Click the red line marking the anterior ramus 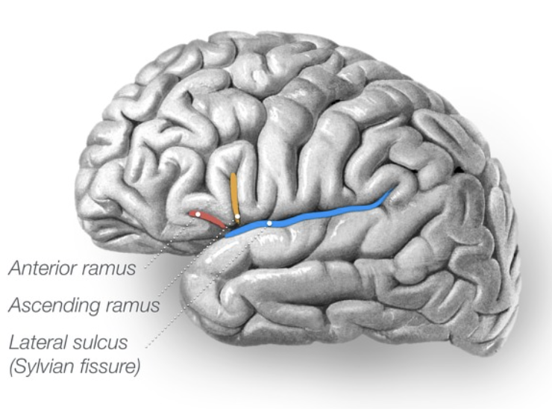210,219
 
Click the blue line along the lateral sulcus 321,216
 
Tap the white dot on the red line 198,214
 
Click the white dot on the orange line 237,218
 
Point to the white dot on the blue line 269,223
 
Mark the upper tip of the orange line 233,177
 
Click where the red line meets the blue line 226,228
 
